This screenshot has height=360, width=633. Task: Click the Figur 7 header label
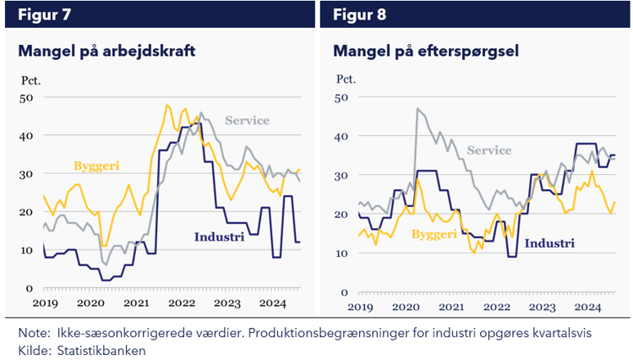point(44,14)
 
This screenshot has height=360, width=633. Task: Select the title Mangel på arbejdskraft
point(106,52)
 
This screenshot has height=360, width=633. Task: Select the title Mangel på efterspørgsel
point(426,52)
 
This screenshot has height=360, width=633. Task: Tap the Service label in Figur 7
point(247,120)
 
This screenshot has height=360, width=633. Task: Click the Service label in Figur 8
point(489,150)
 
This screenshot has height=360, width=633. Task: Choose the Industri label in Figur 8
point(549,243)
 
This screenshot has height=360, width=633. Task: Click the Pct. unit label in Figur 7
point(31,81)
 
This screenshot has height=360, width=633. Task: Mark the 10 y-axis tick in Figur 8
point(342,254)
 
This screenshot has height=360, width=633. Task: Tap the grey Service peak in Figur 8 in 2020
point(417,109)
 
